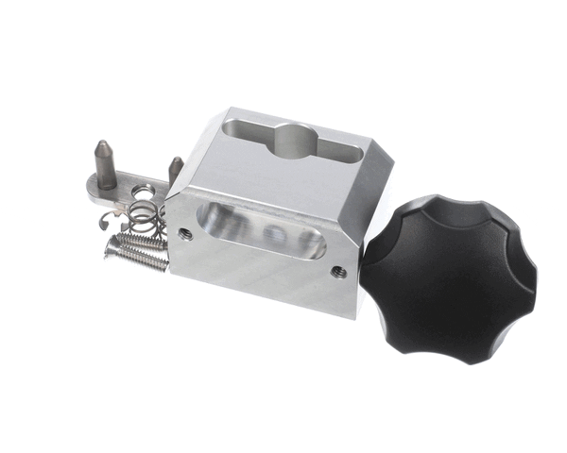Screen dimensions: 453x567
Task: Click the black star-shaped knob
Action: (x=450, y=274)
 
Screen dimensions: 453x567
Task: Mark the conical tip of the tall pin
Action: (x=101, y=146)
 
